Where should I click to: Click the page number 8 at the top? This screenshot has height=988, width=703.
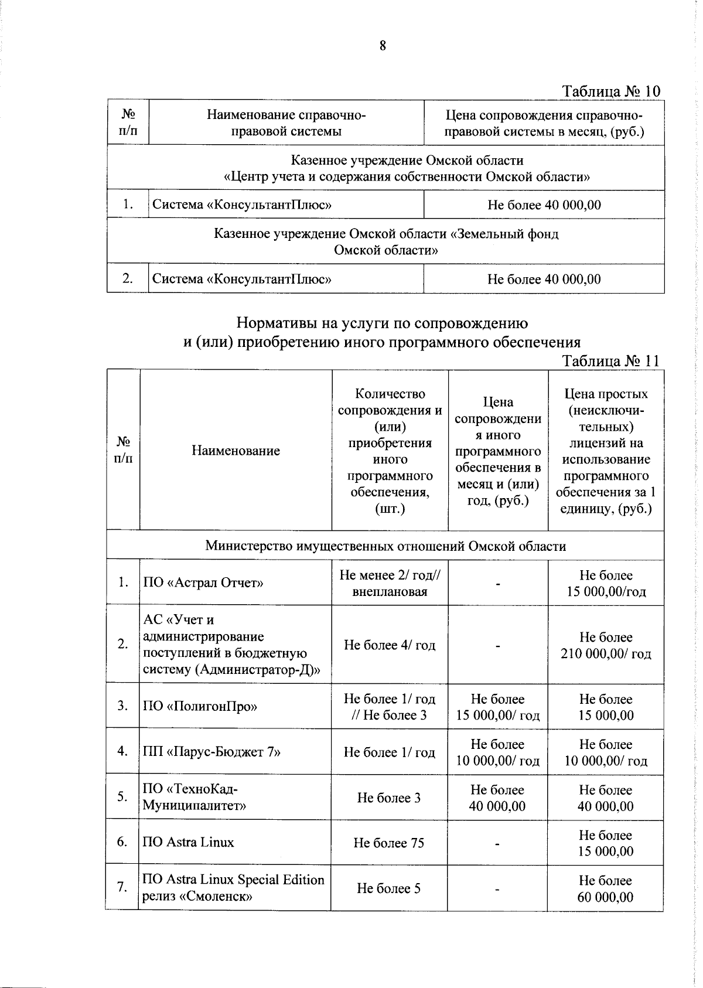tap(383, 46)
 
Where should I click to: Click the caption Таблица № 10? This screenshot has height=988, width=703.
tap(611, 91)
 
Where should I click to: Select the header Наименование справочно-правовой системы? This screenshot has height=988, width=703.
tap(286, 123)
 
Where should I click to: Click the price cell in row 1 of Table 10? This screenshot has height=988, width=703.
tap(544, 205)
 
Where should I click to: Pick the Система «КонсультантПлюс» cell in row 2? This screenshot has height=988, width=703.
tap(242, 279)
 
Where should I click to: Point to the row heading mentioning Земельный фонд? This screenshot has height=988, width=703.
tap(385, 242)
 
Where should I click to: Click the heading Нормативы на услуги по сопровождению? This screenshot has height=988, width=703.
tap(382, 323)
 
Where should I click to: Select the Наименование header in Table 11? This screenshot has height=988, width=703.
tap(236, 451)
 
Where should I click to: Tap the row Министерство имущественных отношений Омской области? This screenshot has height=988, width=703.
tap(385, 546)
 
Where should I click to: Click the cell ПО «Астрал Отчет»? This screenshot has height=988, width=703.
tap(203, 582)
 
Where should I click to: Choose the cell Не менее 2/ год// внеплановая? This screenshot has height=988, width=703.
tap(390, 583)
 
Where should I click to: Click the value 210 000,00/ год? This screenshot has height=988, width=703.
tap(606, 653)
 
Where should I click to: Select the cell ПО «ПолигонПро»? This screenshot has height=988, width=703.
tap(200, 706)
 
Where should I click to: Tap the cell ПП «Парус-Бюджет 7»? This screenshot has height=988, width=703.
tap(211, 752)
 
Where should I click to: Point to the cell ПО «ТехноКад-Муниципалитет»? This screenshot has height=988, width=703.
tap(194, 797)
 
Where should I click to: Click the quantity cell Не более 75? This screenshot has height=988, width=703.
tap(388, 843)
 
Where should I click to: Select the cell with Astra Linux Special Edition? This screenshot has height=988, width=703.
tap(233, 888)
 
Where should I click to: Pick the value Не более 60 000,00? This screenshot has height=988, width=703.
tap(605, 888)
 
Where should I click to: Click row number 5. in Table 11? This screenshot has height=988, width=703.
tap(122, 796)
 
